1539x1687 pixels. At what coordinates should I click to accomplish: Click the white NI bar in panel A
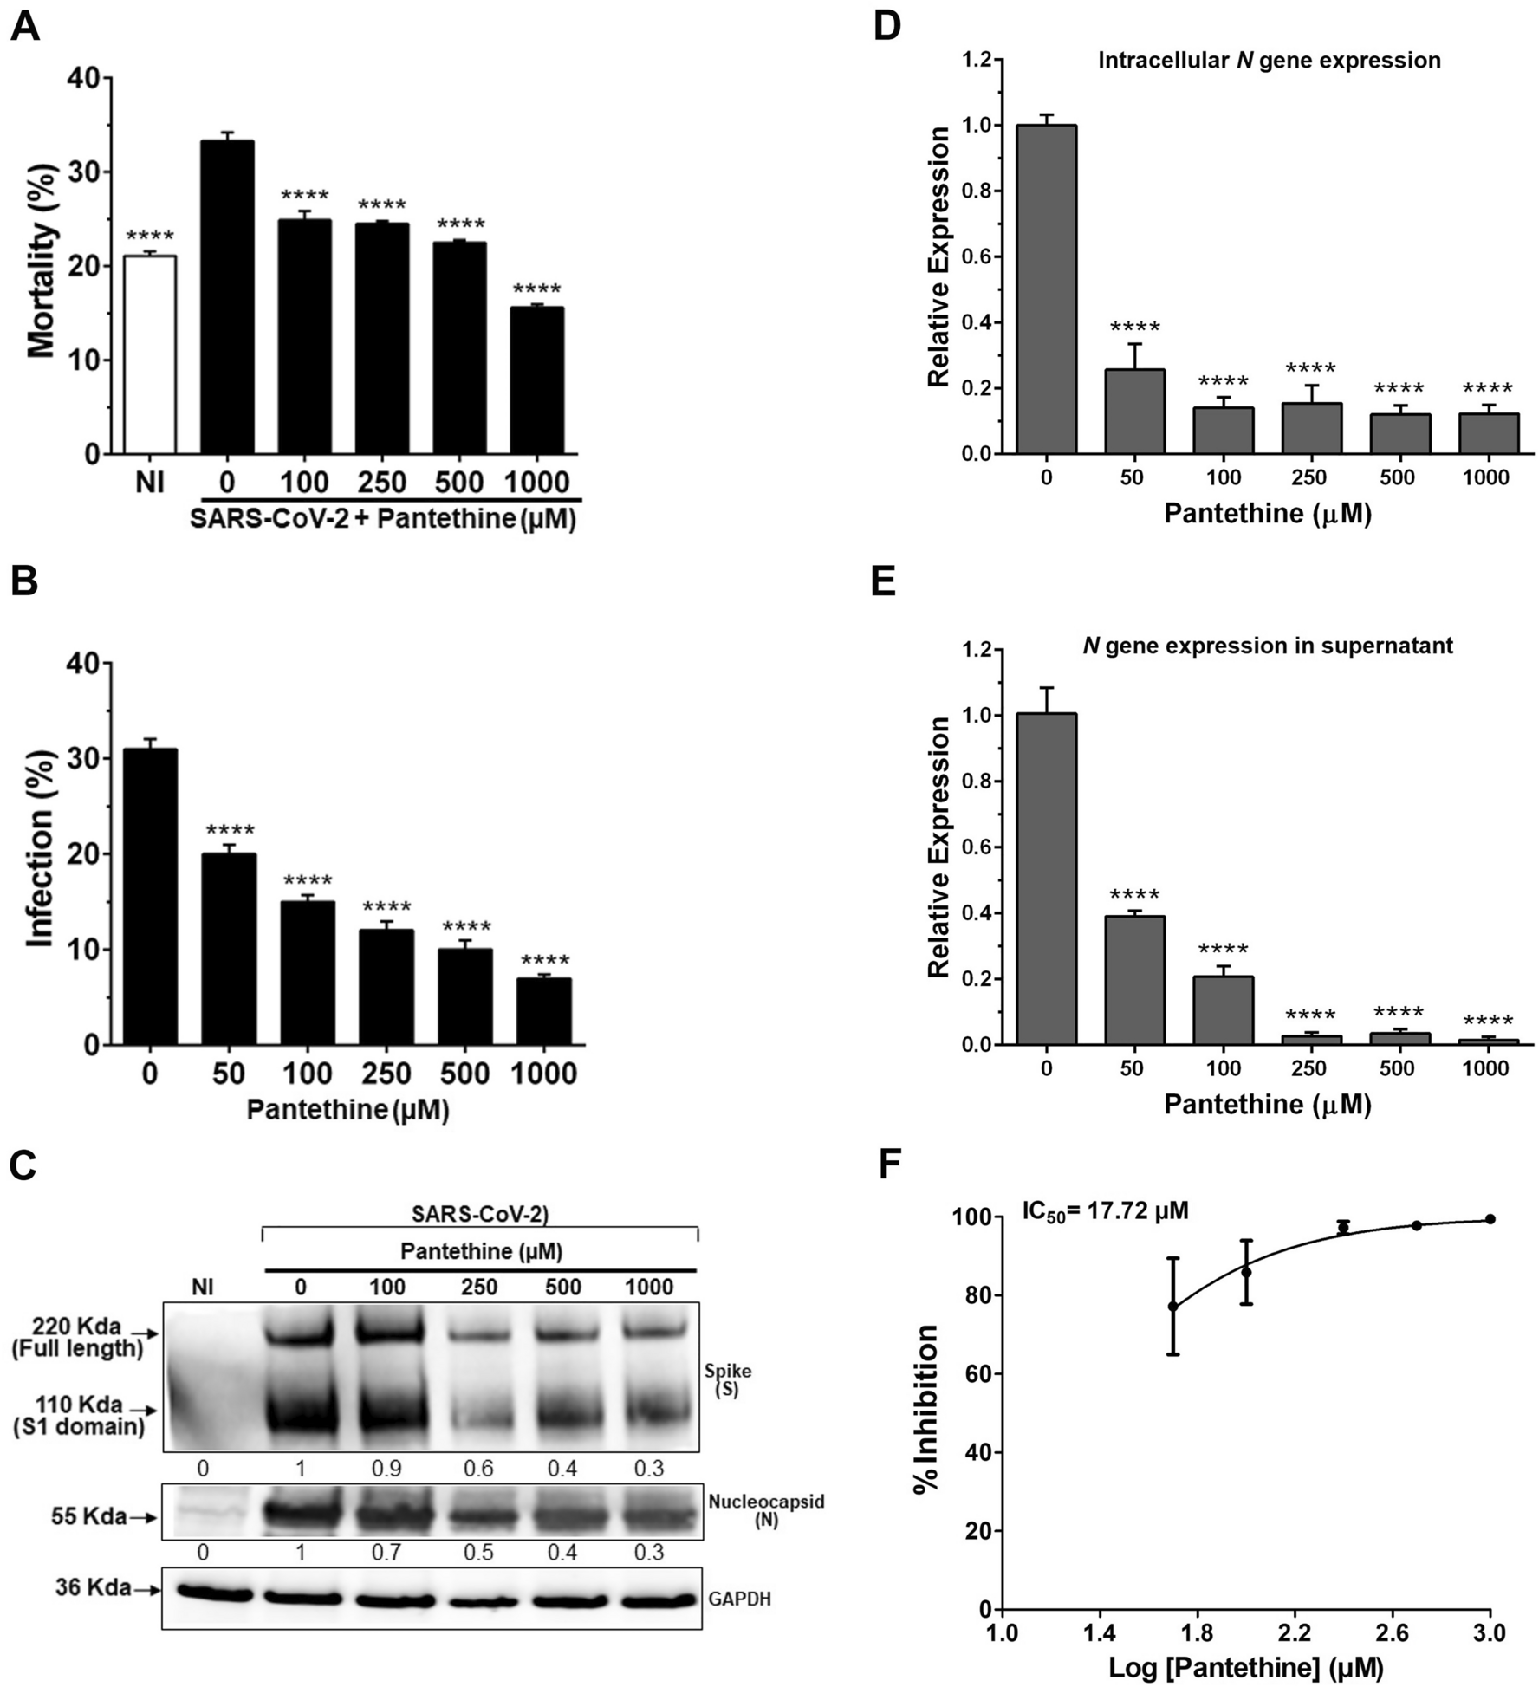[x=150, y=355]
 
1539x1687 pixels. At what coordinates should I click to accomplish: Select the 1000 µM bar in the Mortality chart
[x=538, y=381]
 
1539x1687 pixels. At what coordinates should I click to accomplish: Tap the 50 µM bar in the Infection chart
[x=229, y=950]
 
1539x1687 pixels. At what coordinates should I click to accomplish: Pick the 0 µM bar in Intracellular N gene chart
[x=1047, y=290]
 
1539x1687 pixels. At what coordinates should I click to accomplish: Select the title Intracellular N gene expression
[x=1269, y=62]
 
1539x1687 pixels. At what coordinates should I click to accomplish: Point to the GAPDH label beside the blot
[x=738, y=1599]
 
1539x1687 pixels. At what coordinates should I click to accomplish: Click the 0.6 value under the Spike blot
[x=477, y=1469]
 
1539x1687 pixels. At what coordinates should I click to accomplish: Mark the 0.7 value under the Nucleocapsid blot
[x=386, y=1553]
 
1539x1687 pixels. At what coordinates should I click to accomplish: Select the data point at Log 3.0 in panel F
[x=1490, y=1219]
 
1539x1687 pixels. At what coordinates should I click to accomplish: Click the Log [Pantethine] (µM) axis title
[x=1245, y=1666]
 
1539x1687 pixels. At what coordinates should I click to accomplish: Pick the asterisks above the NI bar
[x=150, y=237]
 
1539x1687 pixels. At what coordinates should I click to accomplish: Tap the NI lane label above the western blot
[x=202, y=1288]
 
